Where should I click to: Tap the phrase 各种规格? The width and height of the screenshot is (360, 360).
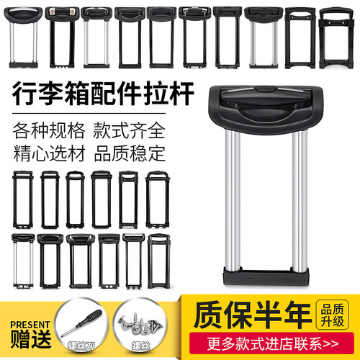47,132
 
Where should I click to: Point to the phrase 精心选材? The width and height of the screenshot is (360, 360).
47,154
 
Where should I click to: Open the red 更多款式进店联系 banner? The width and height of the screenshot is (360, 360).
267,343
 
